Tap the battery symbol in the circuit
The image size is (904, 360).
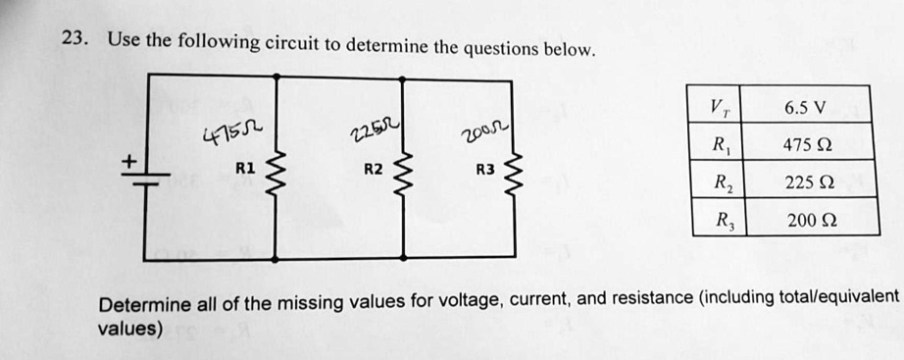tap(144, 174)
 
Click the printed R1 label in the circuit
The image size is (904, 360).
tap(245, 168)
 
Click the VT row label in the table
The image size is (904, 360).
tap(721, 108)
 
